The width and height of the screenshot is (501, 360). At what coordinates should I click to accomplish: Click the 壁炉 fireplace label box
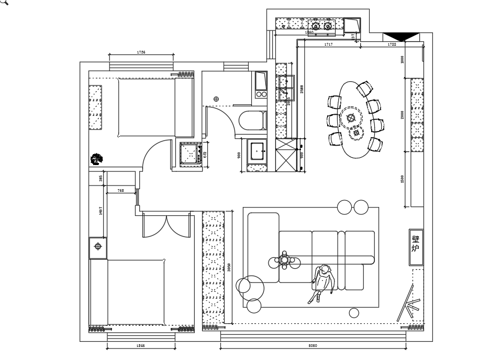click(416, 243)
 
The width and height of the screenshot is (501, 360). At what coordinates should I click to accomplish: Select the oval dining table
click(356, 119)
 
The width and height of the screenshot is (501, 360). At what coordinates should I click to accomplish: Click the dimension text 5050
click(313, 346)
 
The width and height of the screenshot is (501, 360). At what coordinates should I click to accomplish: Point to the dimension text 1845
click(141, 346)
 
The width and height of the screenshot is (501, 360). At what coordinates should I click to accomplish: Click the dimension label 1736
click(141, 52)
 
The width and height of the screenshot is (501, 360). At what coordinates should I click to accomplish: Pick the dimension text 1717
click(328, 45)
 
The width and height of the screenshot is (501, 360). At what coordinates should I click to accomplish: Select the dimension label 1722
click(392, 45)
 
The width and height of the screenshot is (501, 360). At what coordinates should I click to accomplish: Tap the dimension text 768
click(120, 191)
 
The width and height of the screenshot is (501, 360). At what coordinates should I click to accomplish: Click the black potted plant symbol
click(97, 158)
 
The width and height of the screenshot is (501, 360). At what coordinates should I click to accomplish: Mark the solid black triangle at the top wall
click(402, 36)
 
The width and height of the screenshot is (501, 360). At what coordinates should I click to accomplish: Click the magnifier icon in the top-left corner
click(4, 3)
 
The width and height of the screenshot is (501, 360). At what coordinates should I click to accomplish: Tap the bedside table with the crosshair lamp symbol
click(98, 247)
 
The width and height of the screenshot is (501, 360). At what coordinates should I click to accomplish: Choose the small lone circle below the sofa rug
click(354, 313)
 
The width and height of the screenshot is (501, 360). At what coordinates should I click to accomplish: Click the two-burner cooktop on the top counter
click(321, 25)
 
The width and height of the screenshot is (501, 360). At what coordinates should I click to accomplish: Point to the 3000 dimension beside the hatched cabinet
click(229, 267)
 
